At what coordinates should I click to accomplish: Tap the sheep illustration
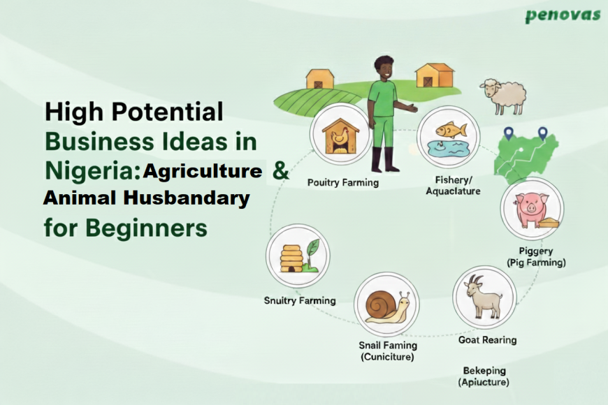click(503, 96)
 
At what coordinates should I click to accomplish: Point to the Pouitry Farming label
click(343, 183)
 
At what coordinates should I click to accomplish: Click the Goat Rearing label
click(487, 340)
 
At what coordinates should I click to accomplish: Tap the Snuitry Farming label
click(300, 301)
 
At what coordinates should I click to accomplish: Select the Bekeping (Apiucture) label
click(484, 376)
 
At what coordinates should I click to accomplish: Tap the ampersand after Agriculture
click(280, 172)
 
